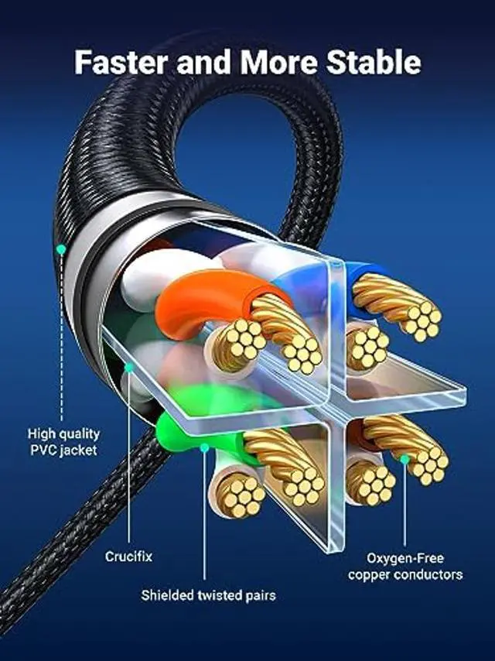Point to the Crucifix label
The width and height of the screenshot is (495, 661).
128,556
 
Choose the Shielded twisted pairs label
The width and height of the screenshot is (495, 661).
208,595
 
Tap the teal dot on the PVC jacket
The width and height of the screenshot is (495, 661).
60,249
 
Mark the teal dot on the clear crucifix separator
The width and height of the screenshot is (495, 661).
129,368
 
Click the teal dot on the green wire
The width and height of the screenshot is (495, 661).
205,447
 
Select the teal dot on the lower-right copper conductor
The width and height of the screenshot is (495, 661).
405,459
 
